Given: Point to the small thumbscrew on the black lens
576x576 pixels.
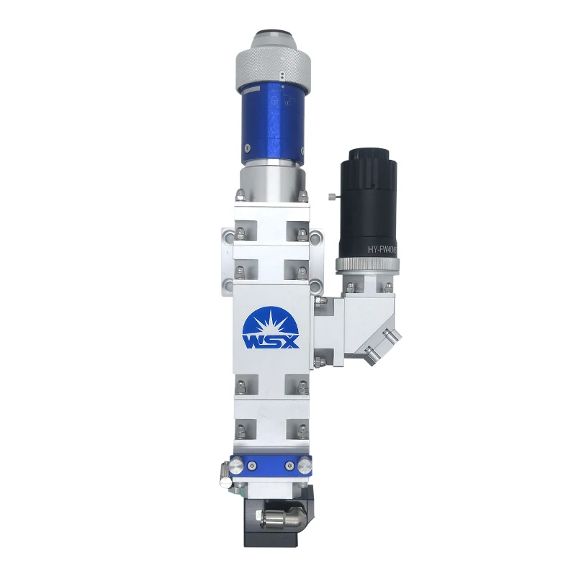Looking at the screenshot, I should click(330, 196).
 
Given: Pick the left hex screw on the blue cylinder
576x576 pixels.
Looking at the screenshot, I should click(246, 148).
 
